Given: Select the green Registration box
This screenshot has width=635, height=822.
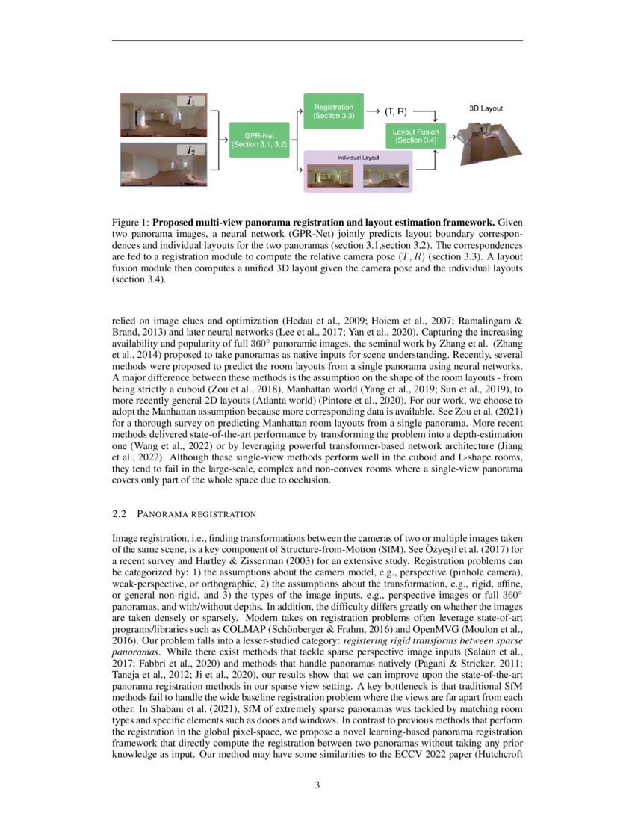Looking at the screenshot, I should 333,112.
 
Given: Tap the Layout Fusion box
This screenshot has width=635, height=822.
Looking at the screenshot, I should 415,136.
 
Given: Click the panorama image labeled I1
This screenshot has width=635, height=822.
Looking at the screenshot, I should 158,114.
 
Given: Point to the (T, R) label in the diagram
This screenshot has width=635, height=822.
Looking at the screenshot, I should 395,112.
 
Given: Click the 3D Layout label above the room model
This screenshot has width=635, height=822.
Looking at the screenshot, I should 486,108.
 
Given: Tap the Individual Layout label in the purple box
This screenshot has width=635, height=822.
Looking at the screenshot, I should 358,158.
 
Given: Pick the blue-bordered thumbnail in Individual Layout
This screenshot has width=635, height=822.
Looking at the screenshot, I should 385,176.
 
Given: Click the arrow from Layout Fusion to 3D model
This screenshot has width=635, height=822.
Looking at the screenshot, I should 451,137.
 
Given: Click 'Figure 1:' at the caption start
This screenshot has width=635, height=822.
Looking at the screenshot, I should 130,223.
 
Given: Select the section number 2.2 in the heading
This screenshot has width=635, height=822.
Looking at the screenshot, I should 120,514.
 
